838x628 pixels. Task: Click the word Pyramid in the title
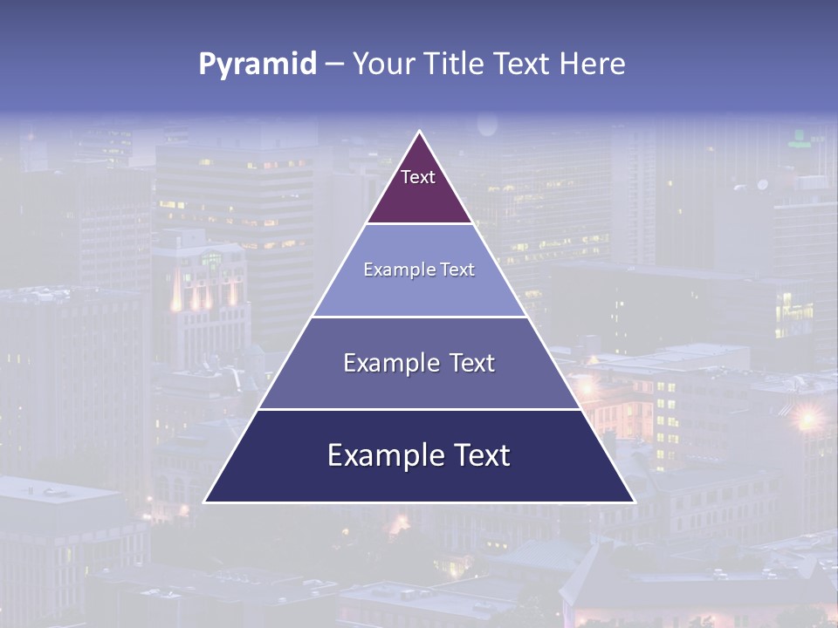pyautogui.click(x=258, y=65)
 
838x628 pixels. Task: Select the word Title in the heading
pyautogui.click(x=460, y=64)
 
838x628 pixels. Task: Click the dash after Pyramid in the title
pyautogui.click(x=334, y=65)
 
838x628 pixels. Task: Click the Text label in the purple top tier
pyautogui.click(x=418, y=177)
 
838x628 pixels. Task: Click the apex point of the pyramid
pyautogui.click(x=420, y=132)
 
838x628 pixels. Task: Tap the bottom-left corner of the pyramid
pyautogui.click(x=205, y=502)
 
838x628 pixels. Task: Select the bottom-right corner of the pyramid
pyautogui.click(x=634, y=502)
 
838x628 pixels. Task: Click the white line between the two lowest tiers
pyautogui.click(x=419, y=409)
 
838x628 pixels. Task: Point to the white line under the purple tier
pyautogui.click(x=419, y=224)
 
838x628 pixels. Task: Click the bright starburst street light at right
pyautogui.click(x=807, y=419)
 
